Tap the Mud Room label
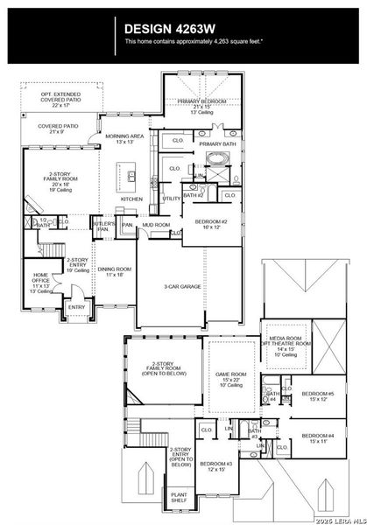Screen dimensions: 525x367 (x=156, y=225)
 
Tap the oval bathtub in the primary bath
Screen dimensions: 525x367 (x=216, y=159)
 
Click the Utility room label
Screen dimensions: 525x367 (x=172, y=199)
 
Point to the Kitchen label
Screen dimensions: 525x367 (x=131, y=199)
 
